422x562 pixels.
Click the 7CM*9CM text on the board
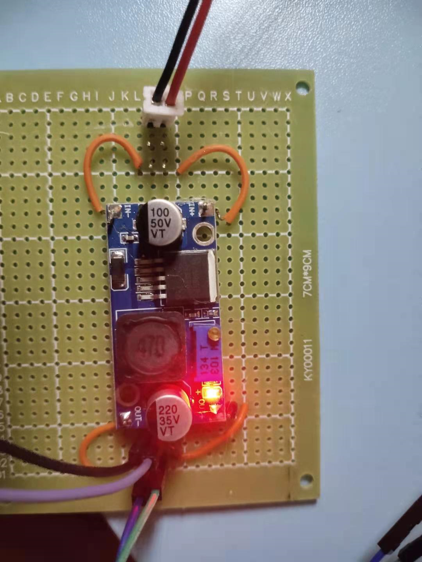[308, 274]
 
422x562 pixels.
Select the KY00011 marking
[309, 360]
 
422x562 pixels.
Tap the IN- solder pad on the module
[116, 213]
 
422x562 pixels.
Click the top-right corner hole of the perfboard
[302, 85]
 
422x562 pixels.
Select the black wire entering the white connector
[168, 47]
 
